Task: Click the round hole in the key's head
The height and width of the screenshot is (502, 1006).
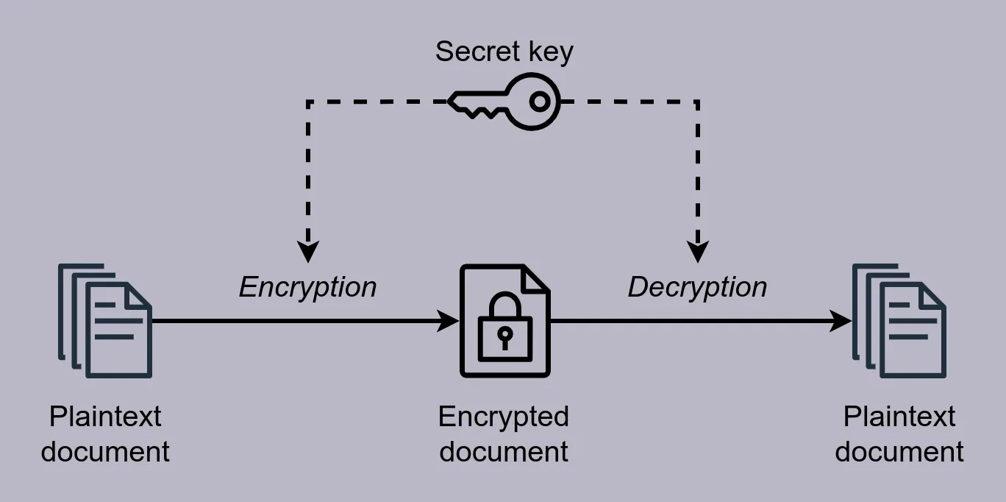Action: click(x=540, y=102)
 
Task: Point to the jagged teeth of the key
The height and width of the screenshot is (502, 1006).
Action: click(x=479, y=111)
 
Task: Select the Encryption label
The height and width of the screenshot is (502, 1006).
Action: click(x=307, y=288)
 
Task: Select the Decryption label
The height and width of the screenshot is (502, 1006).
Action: click(x=697, y=288)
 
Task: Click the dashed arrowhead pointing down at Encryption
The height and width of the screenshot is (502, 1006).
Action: click(x=308, y=251)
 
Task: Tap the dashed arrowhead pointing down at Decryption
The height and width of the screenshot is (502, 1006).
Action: click(x=698, y=251)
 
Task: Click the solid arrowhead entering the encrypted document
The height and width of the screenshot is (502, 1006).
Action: click(x=448, y=321)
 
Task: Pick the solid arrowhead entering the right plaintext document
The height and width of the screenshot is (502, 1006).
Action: click(x=841, y=321)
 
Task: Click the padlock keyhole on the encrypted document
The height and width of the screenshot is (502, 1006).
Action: click(x=504, y=338)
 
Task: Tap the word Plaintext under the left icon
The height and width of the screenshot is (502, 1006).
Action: click(x=105, y=417)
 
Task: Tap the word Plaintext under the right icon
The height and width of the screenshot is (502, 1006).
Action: click(x=899, y=417)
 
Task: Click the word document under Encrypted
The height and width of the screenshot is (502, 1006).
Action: click(x=504, y=451)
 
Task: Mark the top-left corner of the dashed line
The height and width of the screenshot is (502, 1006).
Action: click(x=308, y=102)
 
